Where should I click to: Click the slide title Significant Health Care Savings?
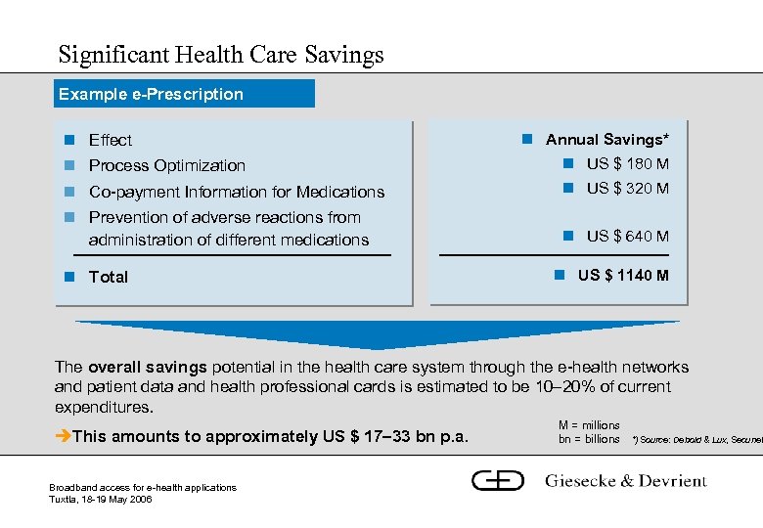point(221,54)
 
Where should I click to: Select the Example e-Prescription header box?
point(184,94)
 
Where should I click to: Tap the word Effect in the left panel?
point(110,140)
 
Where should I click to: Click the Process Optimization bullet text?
point(166,165)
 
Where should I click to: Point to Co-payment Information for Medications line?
point(236,192)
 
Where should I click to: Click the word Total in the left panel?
point(108,277)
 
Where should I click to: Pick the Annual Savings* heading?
point(606,140)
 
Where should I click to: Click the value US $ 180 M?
point(627,163)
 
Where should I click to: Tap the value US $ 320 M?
point(627,188)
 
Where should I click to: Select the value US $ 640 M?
point(627,236)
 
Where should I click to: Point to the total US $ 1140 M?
point(623,275)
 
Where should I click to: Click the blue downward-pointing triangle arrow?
point(378,333)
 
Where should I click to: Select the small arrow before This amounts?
point(63,436)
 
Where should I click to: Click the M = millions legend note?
point(589,425)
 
